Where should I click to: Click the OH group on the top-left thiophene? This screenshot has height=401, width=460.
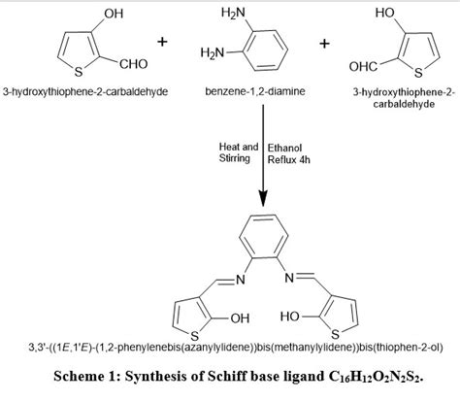(95, 14)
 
